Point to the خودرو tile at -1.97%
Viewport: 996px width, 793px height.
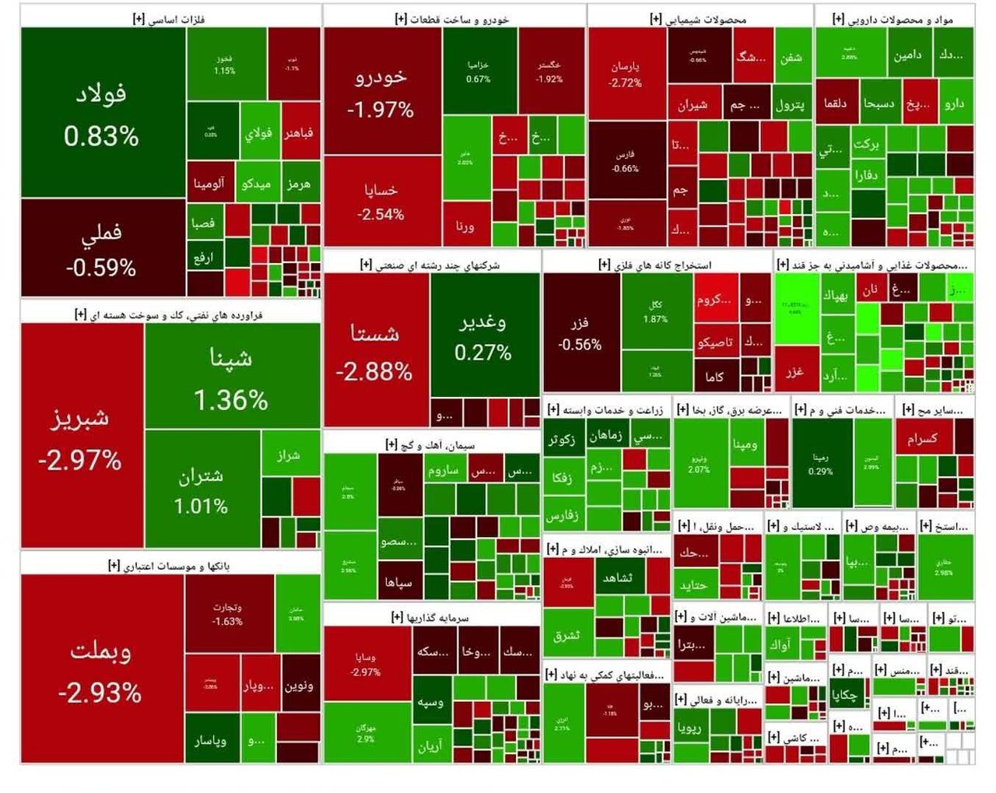tap(381, 92)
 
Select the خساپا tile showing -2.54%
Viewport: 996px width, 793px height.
tap(381, 201)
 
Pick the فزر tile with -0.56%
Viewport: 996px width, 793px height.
tap(580, 333)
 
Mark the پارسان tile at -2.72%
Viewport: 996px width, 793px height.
tap(626, 74)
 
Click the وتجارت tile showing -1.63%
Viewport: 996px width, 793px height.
tap(228, 614)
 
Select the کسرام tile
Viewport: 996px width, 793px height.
tap(923, 439)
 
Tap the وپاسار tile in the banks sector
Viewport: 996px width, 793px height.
tap(210, 740)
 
